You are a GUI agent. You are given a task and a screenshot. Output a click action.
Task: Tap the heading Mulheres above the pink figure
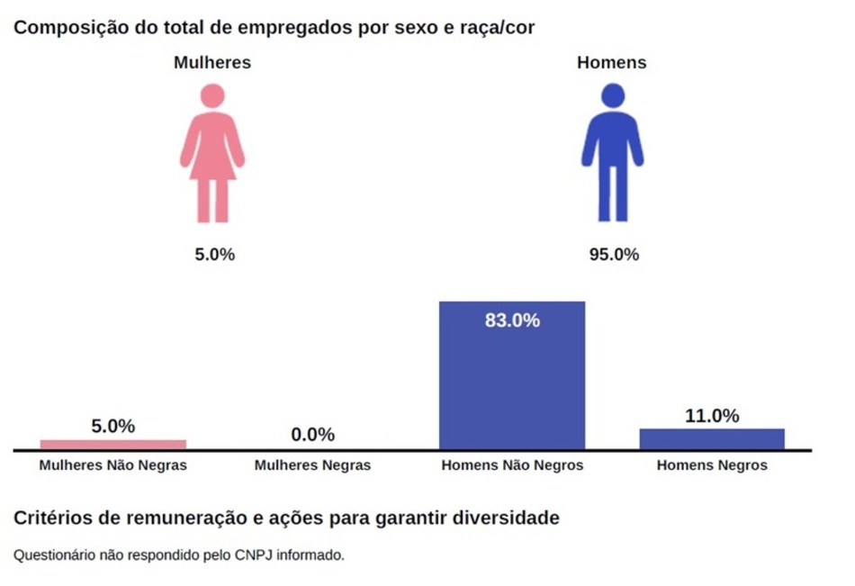pos(212,63)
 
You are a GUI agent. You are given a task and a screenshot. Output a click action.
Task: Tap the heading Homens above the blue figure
pos(612,63)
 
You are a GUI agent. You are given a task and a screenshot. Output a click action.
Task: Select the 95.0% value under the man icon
pos(614,255)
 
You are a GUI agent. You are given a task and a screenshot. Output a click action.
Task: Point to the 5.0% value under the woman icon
pos(215,255)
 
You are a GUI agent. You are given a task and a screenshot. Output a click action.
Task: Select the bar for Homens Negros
pos(712,438)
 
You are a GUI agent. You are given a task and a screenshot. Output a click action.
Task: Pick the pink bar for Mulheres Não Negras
pos(113,444)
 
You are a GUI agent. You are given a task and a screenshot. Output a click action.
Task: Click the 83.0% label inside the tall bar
pos(512,320)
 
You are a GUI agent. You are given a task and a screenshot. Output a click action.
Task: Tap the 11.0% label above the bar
pos(712,416)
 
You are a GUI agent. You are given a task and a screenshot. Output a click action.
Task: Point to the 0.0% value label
pos(312,435)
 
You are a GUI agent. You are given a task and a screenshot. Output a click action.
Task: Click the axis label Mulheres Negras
pos(312,465)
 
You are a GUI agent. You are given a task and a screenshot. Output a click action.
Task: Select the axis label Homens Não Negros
pos(512,465)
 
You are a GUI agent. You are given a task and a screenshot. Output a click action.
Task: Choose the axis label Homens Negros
pos(712,465)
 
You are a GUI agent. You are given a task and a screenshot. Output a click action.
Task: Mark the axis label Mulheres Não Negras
pos(113,465)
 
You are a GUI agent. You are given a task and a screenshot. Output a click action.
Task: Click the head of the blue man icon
pos(613,95)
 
